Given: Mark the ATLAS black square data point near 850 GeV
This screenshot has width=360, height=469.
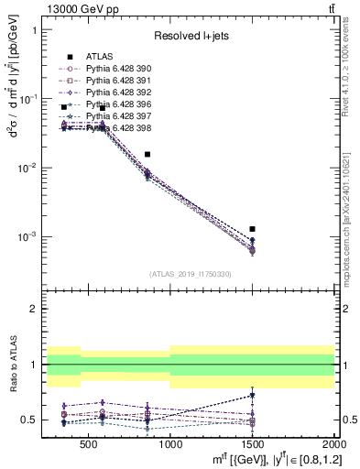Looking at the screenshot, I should coord(147,155).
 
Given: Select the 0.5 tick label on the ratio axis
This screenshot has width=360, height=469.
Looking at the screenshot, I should coord(37,420).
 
